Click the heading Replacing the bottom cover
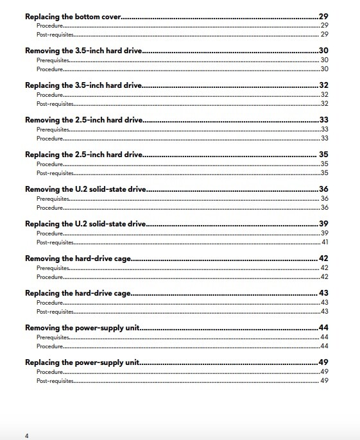coord(73,16)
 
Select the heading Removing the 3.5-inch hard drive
coord(83,51)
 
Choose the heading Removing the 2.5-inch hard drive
coord(83,120)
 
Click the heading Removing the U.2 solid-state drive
coord(86,189)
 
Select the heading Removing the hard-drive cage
coord(78,258)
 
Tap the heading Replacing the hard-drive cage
coord(78,293)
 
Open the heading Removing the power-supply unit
coord(82,328)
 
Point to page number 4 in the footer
coord(27,436)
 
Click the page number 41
coord(325,242)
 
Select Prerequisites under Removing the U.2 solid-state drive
coord(53,199)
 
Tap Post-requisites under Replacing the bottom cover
coord(55,34)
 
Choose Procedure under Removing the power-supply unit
coord(49,346)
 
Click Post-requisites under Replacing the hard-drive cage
coord(55,312)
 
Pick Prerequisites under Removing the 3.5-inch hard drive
coord(53,60)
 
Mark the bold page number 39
coord(323,224)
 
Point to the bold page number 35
coord(324,155)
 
